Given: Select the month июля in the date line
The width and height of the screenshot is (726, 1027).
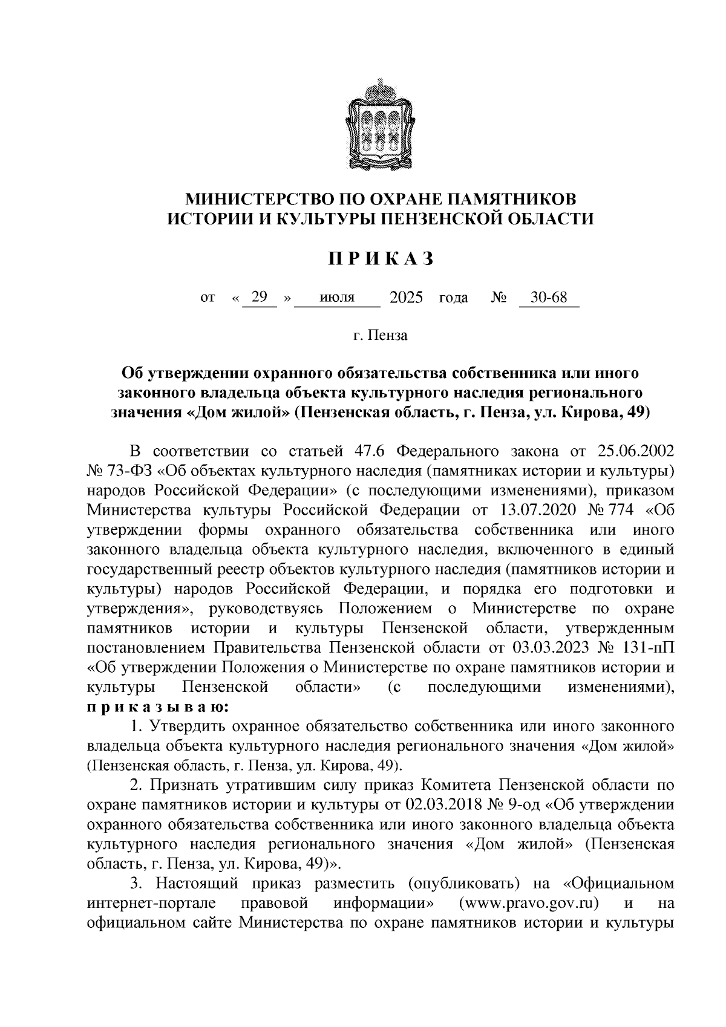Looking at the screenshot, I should point(338,298).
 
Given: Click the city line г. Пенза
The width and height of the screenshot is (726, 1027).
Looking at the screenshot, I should point(381,335).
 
